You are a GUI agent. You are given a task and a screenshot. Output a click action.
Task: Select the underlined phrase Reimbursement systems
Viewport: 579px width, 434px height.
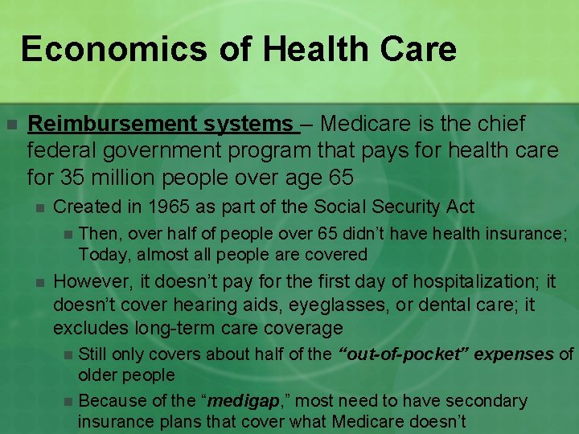161,124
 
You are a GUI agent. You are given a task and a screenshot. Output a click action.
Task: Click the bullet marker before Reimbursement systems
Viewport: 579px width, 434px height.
11,125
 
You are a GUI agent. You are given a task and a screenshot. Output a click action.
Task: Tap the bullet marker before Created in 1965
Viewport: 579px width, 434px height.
37,207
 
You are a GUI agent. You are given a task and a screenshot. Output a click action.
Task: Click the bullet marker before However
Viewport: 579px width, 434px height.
37,282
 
